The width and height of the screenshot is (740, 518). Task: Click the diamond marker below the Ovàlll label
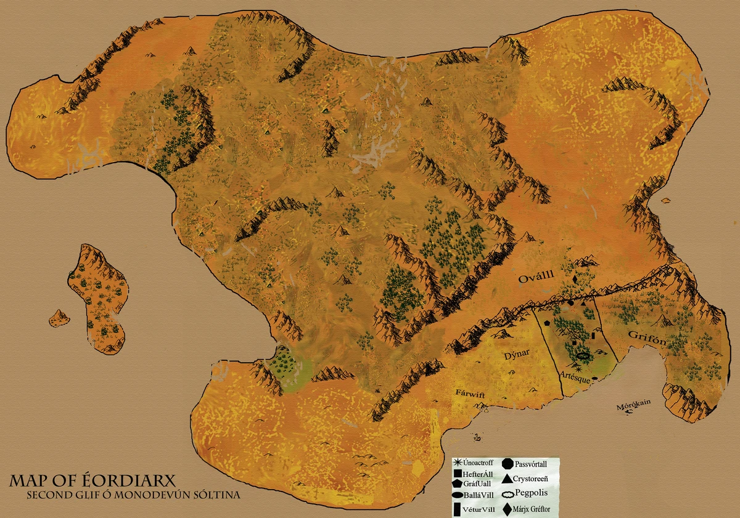tap(575, 280)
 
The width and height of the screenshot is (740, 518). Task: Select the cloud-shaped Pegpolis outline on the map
tap(583, 355)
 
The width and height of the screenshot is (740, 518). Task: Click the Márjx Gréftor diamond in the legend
tap(506, 509)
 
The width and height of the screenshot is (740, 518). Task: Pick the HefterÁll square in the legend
tap(458, 474)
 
